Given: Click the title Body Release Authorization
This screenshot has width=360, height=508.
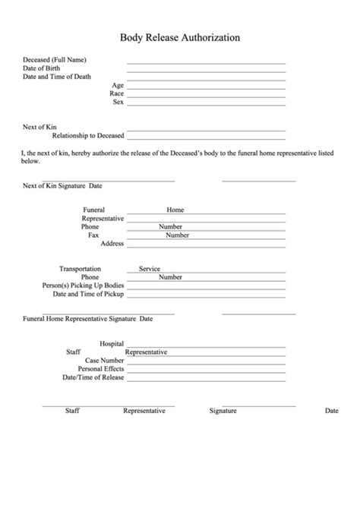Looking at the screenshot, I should pyautogui.click(x=180, y=36).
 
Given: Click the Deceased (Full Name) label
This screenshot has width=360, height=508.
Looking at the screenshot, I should pyautogui.click(x=54, y=59).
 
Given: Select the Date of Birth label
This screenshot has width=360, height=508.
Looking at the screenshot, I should pyautogui.click(x=43, y=68).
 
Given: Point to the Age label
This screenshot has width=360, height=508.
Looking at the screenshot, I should pyautogui.click(x=117, y=85).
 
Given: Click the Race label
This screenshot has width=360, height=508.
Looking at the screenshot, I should pyautogui.click(x=116, y=93).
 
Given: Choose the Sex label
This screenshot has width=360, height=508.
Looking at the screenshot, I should pyautogui.click(x=118, y=102).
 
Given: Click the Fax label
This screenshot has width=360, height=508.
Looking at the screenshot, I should pyautogui.click(x=93, y=235).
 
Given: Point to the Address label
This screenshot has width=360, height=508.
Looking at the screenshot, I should pyautogui.click(x=112, y=244).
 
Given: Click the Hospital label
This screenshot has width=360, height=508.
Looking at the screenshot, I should pyautogui.click(x=112, y=344).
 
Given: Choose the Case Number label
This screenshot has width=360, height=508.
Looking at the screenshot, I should pyautogui.click(x=104, y=361).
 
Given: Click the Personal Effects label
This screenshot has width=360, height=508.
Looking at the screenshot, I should pyautogui.click(x=100, y=369).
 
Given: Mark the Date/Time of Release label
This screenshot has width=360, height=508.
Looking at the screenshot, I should pyautogui.click(x=93, y=377).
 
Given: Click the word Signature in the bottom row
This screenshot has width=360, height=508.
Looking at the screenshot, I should pyautogui.click(x=223, y=411).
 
